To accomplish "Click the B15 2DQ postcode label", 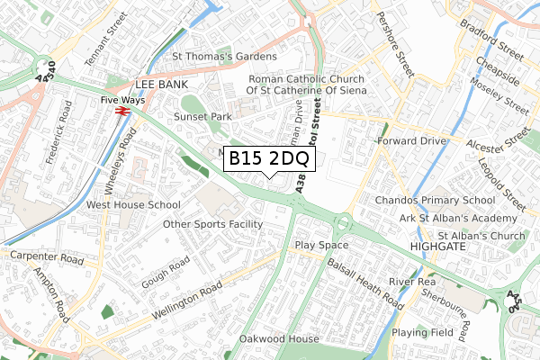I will click(268, 158).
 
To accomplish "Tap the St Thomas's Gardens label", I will click(225, 57).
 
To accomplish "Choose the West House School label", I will click(133, 205).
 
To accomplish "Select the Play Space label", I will click(321, 245).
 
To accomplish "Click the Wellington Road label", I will click(186, 301).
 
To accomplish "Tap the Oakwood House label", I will click(279, 339).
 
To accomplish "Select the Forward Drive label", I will click(412, 140).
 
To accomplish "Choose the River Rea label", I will click(413, 281).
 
